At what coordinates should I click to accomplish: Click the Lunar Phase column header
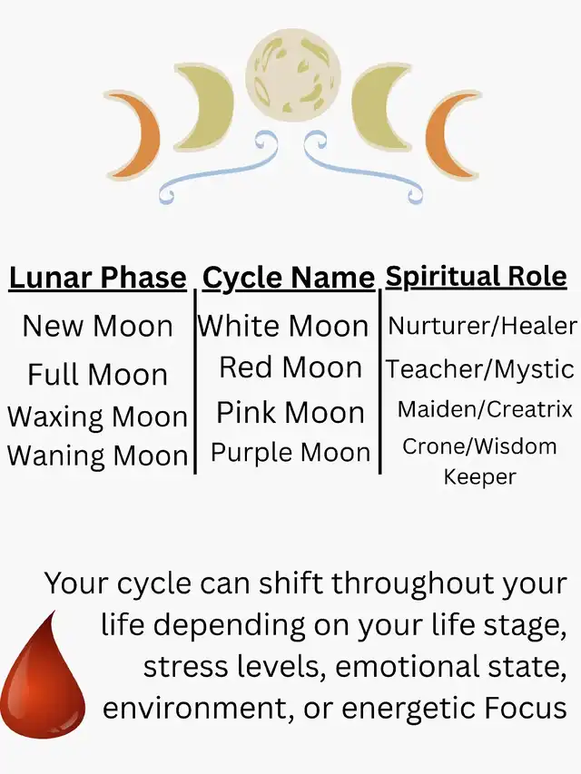[x=97, y=278]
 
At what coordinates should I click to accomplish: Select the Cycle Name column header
[x=289, y=278]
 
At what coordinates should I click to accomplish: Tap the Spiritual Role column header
[x=476, y=277]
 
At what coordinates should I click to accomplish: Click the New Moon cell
[x=97, y=327]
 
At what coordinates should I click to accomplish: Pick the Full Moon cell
[x=97, y=374]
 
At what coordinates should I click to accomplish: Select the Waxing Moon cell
[x=97, y=416]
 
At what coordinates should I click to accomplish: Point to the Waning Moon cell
[x=97, y=455]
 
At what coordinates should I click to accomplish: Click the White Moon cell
[x=283, y=327]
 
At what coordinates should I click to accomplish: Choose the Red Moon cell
[x=290, y=367]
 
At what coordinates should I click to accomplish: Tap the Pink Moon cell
[x=290, y=412]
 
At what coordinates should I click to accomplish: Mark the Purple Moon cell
[x=290, y=452]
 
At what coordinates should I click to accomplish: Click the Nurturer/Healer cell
[x=482, y=326]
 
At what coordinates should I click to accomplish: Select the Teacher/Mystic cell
[x=479, y=368]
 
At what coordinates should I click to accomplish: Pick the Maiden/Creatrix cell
[x=485, y=409]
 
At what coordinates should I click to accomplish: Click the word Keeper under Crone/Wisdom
[x=479, y=477]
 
